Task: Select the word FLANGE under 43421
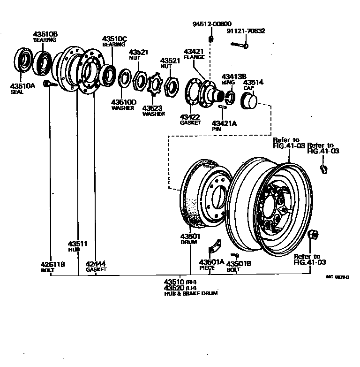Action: click(194, 57)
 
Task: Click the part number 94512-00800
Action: click(211, 23)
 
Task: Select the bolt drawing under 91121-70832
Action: click(239, 45)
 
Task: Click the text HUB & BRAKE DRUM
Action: click(191, 293)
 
